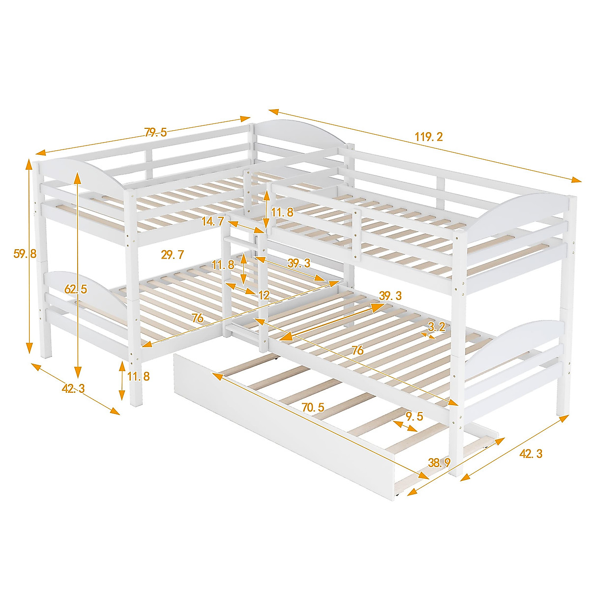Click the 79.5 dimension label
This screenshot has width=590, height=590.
[155, 132]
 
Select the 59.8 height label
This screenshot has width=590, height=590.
[25, 254]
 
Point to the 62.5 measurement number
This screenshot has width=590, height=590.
[76, 289]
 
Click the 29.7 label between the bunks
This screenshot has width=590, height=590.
[172, 254]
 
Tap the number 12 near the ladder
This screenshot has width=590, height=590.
[264, 295]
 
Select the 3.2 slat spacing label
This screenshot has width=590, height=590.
[437, 326]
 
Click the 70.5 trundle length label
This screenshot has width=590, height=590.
[313, 407]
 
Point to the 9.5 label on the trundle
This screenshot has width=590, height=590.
[414, 416]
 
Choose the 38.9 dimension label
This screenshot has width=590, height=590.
[440, 462]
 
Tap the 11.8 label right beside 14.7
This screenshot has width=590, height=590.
[282, 212]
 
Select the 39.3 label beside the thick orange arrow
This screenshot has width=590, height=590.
[390, 295]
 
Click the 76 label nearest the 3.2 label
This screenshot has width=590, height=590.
[357, 350]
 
